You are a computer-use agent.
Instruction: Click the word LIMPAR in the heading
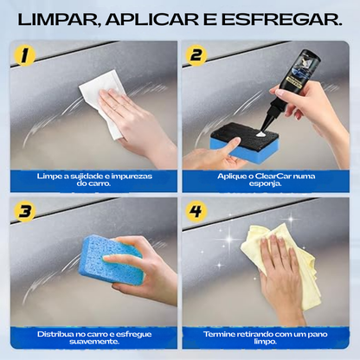pyautogui.click(x=65, y=20)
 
